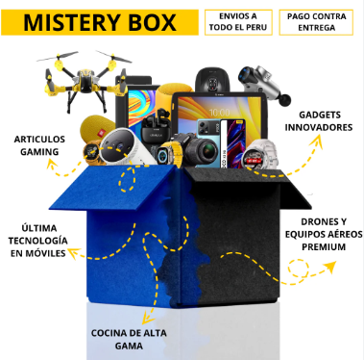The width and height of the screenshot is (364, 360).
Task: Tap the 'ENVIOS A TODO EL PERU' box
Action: (237, 23)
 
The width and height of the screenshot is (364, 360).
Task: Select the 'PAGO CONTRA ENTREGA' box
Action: (315, 23)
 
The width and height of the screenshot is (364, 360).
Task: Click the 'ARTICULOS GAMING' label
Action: (42, 145)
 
